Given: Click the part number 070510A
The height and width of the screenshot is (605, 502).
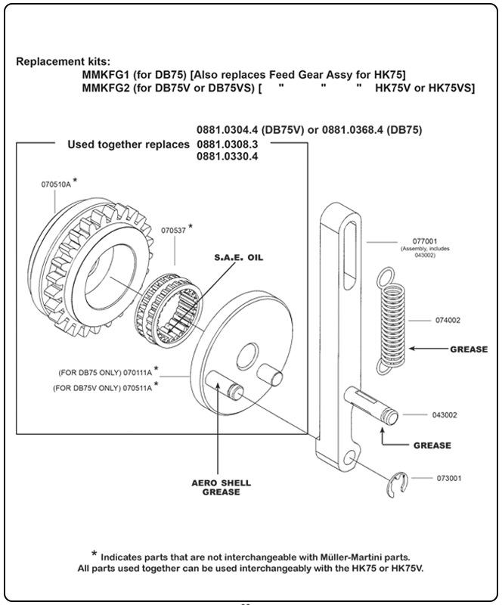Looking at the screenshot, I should pyautogui.click(x=57, y=184).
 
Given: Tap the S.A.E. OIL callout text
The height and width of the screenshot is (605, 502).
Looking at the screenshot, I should pyautogui.click(x=243, y=257).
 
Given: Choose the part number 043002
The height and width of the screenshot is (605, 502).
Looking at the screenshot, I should pyautogui.click(x=445, y=415).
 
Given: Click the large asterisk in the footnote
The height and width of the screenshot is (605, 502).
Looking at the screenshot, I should pyautogui.click(x=95, y=553).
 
